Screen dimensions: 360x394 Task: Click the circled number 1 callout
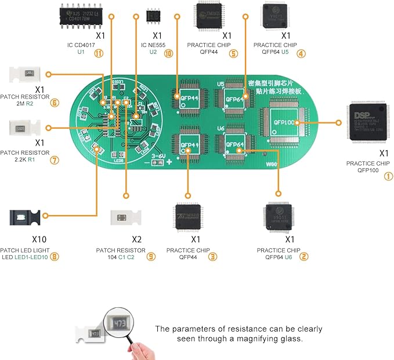coord(388,177)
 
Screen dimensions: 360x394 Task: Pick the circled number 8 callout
coord(55,256)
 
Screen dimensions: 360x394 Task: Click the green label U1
coord(81,52)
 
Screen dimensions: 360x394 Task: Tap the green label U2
coord(153,52)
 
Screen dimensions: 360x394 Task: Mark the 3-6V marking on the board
coord(159,155)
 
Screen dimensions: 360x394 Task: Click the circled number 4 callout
coord(300,53)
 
